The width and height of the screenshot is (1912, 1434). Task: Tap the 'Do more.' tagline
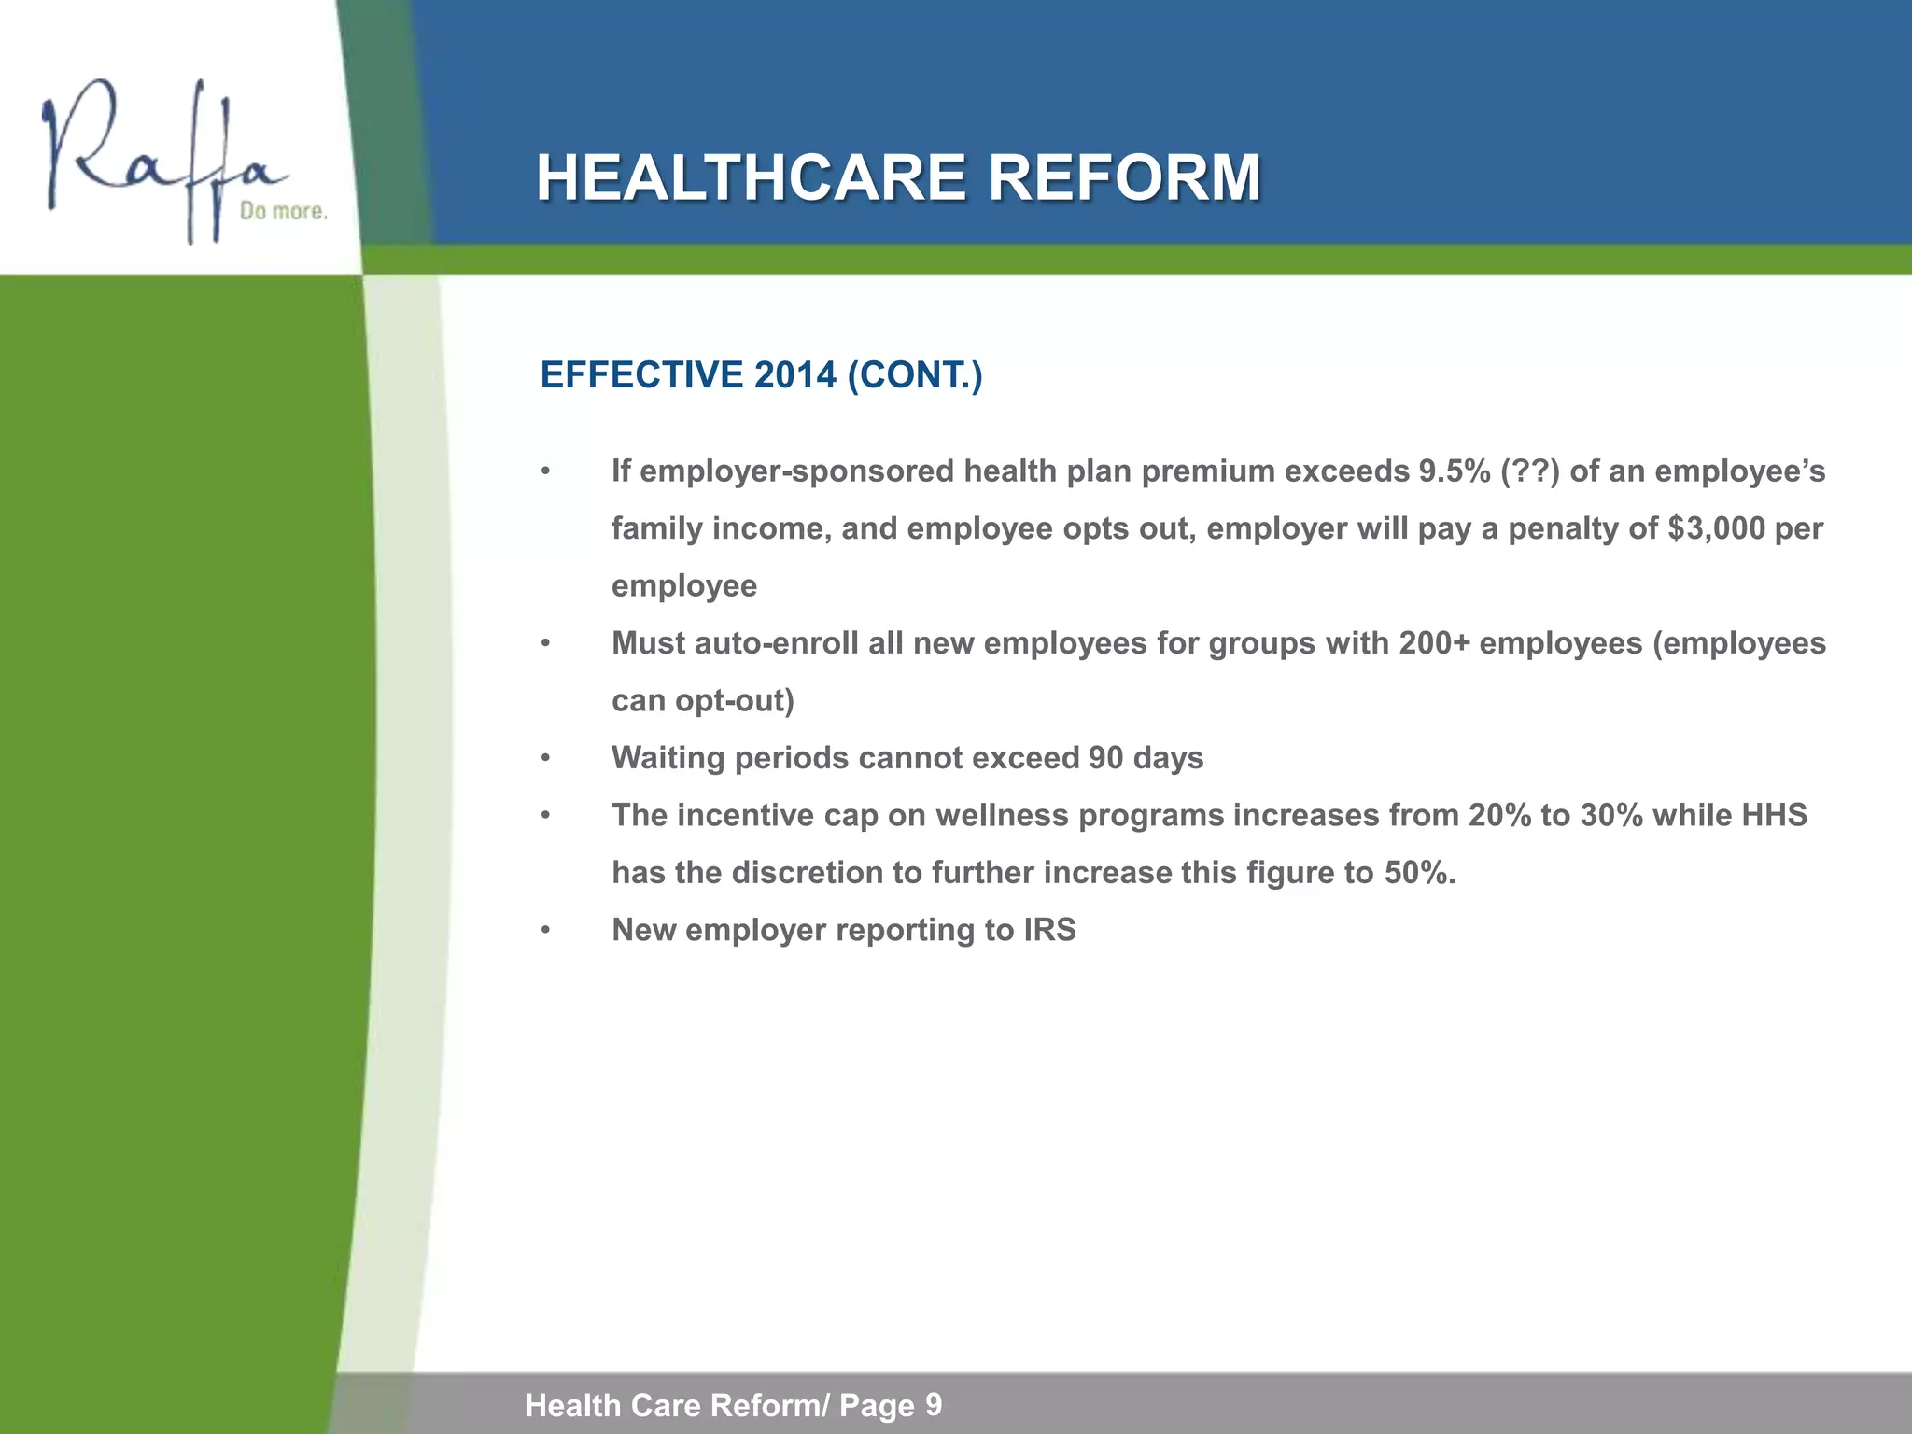coord(284,212)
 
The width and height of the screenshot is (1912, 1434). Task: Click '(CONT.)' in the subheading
coord(915,375)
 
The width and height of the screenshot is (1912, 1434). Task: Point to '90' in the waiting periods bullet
coord(1105,758)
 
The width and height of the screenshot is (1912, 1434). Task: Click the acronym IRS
coord(1049,930)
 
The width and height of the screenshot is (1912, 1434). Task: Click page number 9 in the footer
coord(934,1404)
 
